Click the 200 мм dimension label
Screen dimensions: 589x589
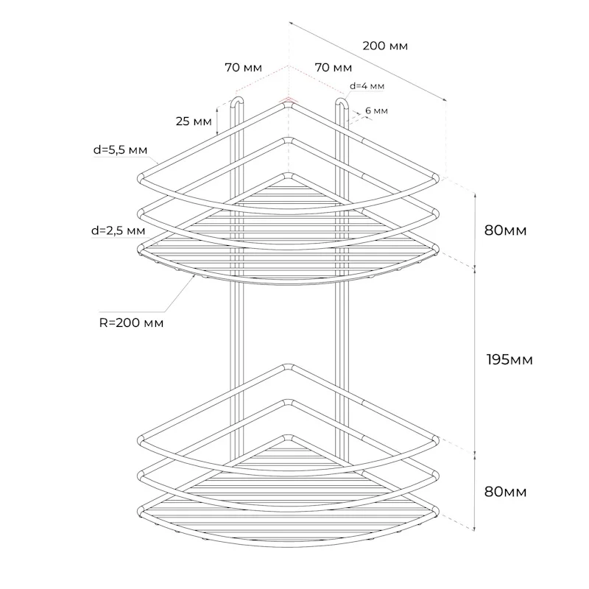385,46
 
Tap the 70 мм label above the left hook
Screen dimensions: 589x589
244,68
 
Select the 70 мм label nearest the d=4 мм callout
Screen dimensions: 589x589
334,68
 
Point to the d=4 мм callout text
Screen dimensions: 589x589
367,86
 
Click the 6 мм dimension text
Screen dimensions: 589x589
376,111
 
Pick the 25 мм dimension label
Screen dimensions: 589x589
194,121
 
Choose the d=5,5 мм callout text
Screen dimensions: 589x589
120,150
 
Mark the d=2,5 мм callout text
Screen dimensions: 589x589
118,230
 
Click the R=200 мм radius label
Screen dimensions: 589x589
131,322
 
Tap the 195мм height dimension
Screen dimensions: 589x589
509,360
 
